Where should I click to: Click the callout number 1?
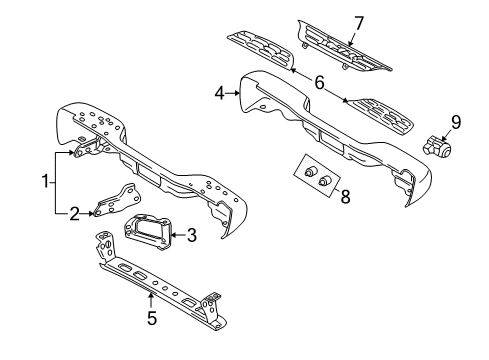click(43, 181)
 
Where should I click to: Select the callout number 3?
click(191, 236)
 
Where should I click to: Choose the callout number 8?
click(345, 197)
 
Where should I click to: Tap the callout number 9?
click(455, 123)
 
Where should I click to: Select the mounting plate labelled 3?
click(146, 236)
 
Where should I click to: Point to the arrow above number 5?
click(150, 298)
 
